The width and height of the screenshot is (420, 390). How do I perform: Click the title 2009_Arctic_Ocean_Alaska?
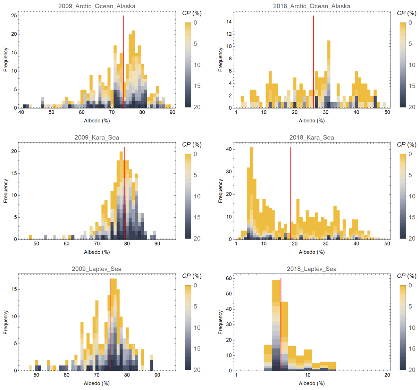click(x=97, y=6)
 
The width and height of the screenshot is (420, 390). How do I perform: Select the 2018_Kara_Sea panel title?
click(x=311, y=138)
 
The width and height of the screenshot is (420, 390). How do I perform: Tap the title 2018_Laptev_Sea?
click(x=311, y=269)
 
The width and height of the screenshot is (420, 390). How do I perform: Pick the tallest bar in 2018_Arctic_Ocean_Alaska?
click(x=329, y=73)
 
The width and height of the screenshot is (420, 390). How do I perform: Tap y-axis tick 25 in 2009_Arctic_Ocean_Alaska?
click(x=14, y=16)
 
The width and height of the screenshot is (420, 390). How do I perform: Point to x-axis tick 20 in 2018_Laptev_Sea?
click(x=387, y=375)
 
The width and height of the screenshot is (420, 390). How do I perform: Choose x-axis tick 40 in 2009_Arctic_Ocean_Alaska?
click(x=21, y=112)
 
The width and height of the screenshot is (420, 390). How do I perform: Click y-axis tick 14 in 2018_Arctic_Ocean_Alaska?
click(x=229, y=22)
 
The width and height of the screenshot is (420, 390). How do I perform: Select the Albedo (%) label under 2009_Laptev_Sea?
click(x=97, y=383)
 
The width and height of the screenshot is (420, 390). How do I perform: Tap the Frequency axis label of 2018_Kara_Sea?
click(x=220, y=191)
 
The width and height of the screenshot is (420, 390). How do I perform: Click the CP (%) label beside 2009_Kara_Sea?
click(x=192, y=145)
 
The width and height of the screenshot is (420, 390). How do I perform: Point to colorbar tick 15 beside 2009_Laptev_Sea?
click(x=197, y=349)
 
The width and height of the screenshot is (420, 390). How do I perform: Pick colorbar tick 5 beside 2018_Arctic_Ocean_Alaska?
click(x=410, y=44)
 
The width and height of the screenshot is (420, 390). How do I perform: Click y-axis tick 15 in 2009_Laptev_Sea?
click(x=14, y=289)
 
